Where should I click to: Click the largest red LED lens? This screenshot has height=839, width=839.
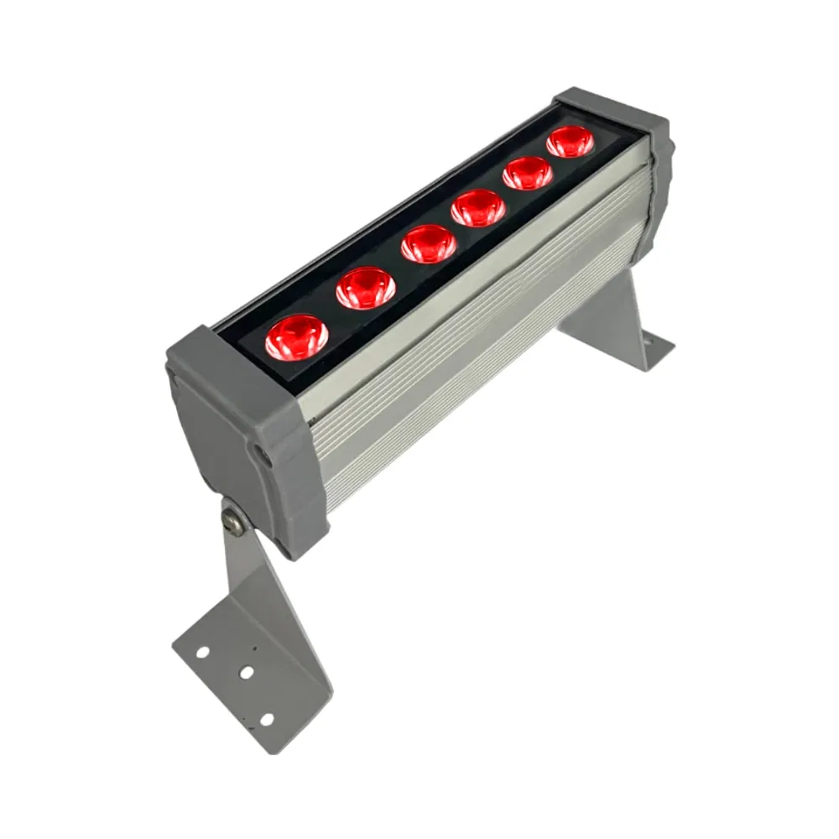tap(297, 337)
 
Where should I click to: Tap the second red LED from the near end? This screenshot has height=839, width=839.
tap(366, 288)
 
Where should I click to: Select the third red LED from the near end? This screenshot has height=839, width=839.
tap(428, 244)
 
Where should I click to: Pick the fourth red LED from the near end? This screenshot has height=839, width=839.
tap(478, 207)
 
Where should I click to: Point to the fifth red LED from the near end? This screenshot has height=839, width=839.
tap(528, 173)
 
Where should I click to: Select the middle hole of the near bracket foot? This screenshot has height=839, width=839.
tap(246, 672)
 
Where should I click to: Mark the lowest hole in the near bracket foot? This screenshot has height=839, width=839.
tap(266, 719)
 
